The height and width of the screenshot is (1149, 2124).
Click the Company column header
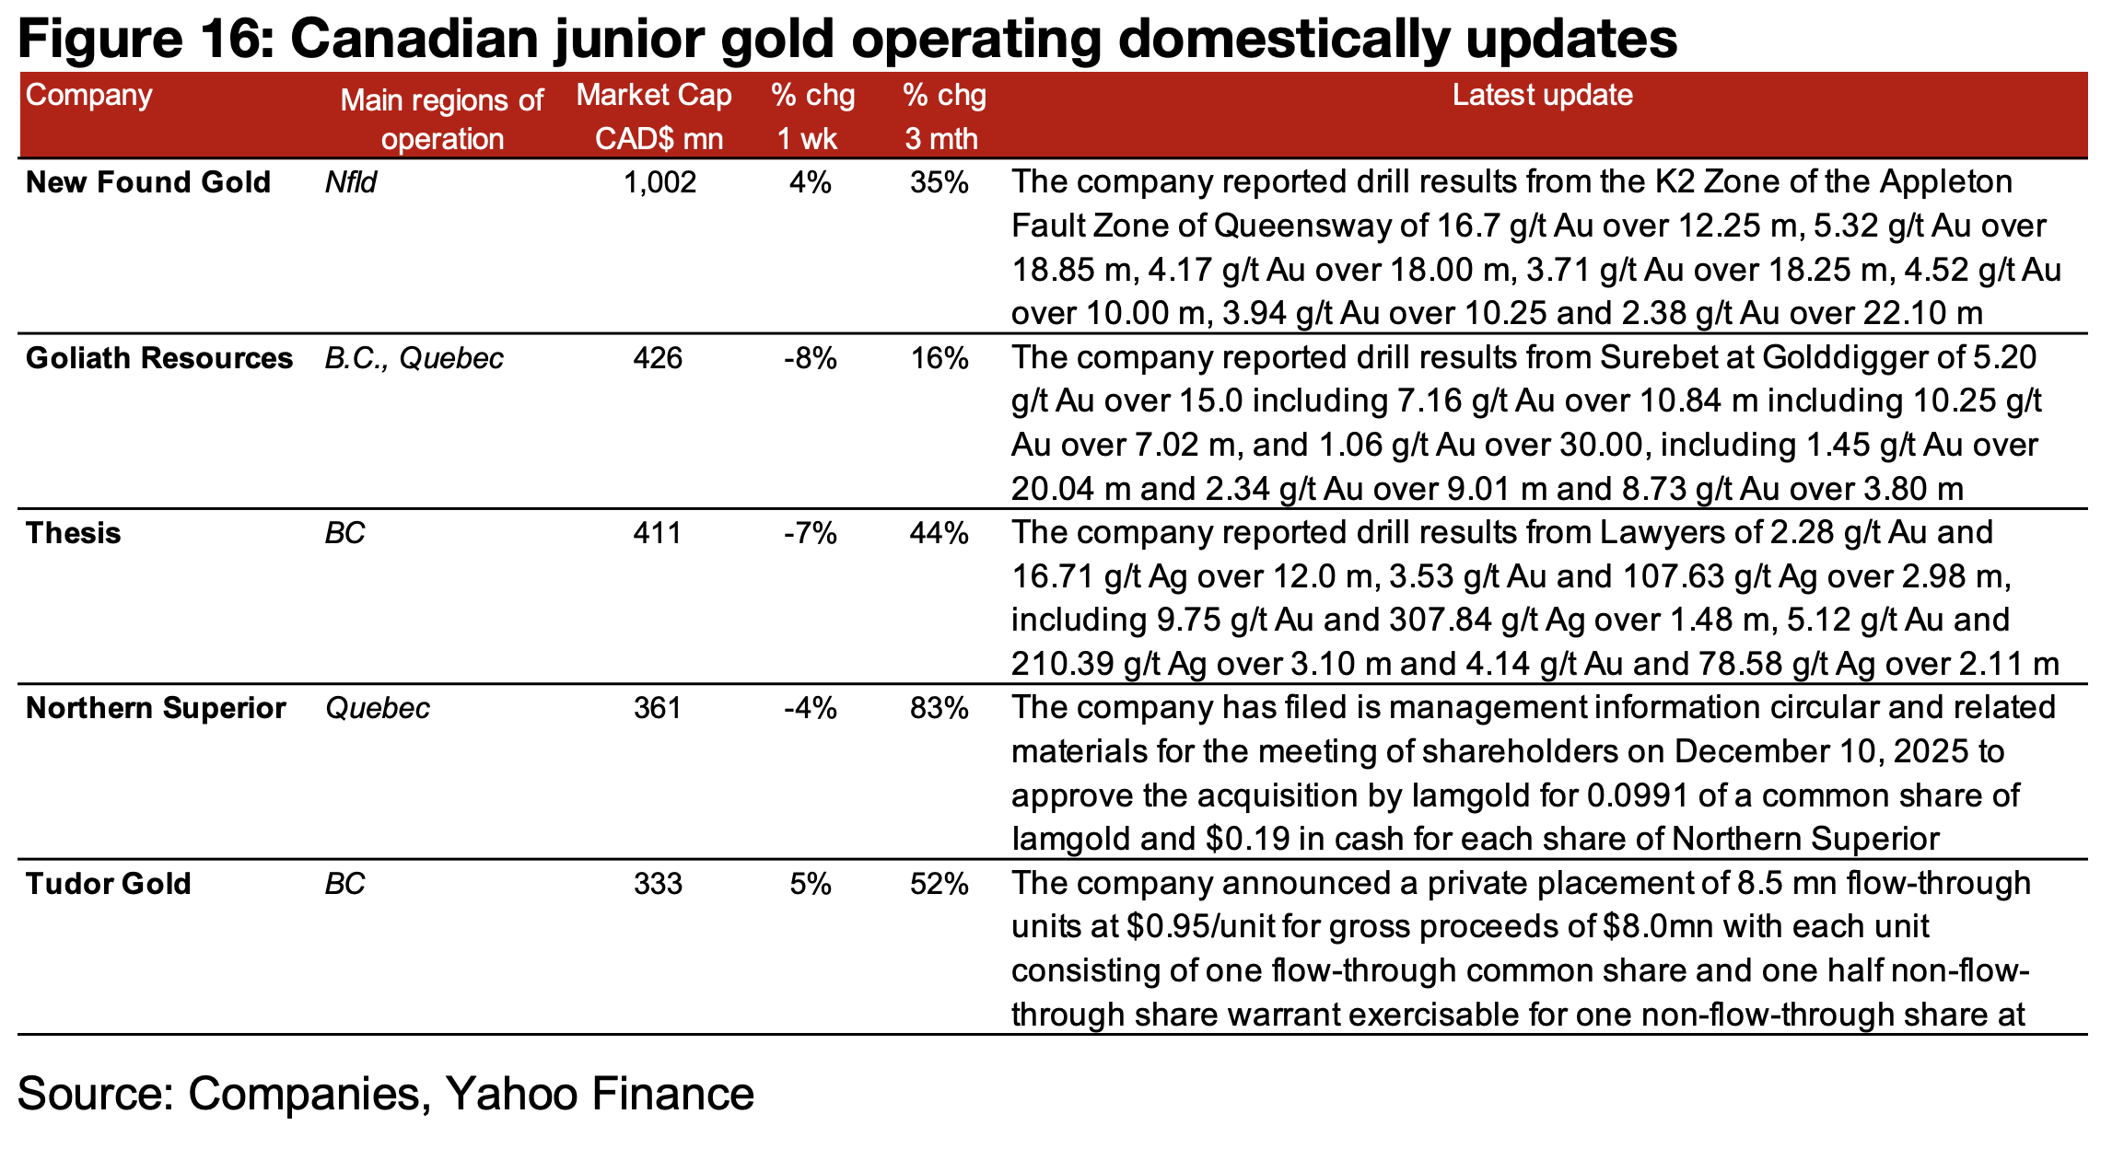[88, 96]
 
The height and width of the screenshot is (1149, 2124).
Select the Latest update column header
[1542, 95]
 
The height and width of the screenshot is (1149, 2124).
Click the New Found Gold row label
[148, 182]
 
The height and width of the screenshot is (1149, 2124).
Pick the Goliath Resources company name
[159, 358]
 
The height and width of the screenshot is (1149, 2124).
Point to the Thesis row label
[74, 533]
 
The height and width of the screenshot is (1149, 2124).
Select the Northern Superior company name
[156, 708]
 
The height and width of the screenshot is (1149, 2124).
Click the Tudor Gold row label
[109, 884]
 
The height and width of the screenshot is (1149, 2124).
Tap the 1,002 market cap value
[659, 182]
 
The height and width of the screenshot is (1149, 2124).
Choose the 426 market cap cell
[658, 358]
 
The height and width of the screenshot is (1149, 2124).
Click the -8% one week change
[810, 358]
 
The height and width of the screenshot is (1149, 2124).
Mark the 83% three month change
[939, 708]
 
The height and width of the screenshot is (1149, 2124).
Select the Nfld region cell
[351, 182]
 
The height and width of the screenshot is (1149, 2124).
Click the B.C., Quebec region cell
[414, 358]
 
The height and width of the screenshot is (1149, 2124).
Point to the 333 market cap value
[658, 884]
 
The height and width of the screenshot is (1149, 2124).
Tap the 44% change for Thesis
[939, 533]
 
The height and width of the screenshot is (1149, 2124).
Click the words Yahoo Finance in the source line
[599, 1094]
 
